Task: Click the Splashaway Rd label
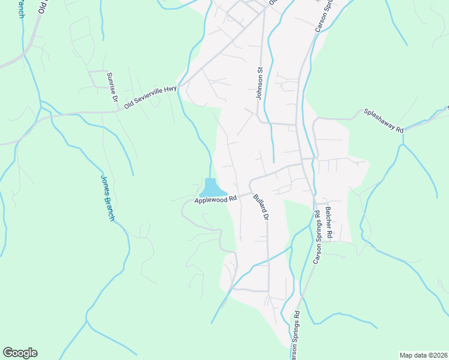point(384,121)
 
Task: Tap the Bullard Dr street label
point(260,207)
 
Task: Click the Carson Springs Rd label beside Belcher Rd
point(316,238)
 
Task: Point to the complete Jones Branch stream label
point(107,198)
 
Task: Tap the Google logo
point(20,353)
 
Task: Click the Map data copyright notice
point(424,355)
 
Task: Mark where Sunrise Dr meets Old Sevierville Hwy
point(116,111)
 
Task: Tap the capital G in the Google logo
point(8,352)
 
